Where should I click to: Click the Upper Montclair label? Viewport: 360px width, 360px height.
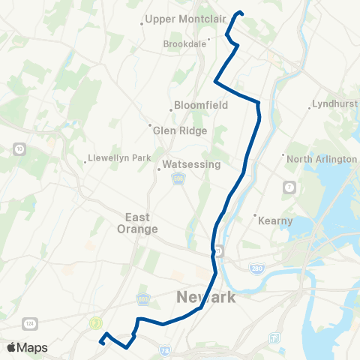pos(180,18)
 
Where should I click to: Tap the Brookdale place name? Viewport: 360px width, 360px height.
pos(184,44)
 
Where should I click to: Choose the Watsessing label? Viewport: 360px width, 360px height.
pos(192,164)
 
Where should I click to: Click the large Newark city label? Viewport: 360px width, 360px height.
pos(205,298)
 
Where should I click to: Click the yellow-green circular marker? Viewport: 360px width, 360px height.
pos(95,323)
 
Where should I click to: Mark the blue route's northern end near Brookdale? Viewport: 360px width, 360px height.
pos(240,12)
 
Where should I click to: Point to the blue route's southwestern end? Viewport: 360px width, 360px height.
pos(100,343)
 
